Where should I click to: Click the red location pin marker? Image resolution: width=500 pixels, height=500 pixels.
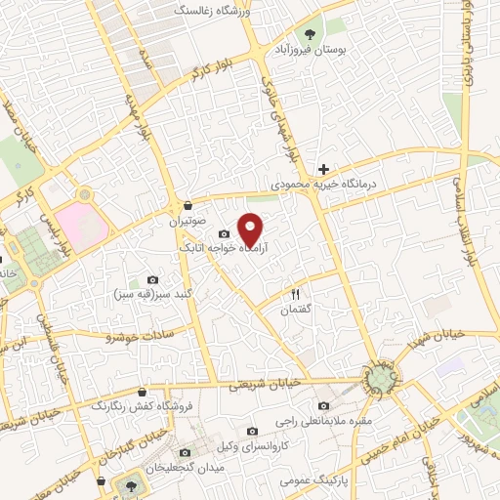(251, 228)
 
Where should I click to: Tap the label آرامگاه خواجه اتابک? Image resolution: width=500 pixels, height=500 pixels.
(220, 249)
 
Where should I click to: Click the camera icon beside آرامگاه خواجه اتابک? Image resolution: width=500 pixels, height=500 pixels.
(225, 233)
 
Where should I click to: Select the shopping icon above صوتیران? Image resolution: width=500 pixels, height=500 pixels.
(187, 205)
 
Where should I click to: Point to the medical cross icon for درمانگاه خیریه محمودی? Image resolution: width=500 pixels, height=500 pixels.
(323, 169)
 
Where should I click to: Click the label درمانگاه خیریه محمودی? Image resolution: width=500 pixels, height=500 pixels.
(323, 184)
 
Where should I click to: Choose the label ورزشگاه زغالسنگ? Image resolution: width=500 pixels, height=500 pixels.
(210, 10)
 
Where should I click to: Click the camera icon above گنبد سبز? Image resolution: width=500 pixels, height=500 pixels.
(150, 279)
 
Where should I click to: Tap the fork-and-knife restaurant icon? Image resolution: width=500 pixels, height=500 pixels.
(295, 293)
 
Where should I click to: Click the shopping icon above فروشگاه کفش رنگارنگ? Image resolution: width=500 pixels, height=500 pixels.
(143, 392)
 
